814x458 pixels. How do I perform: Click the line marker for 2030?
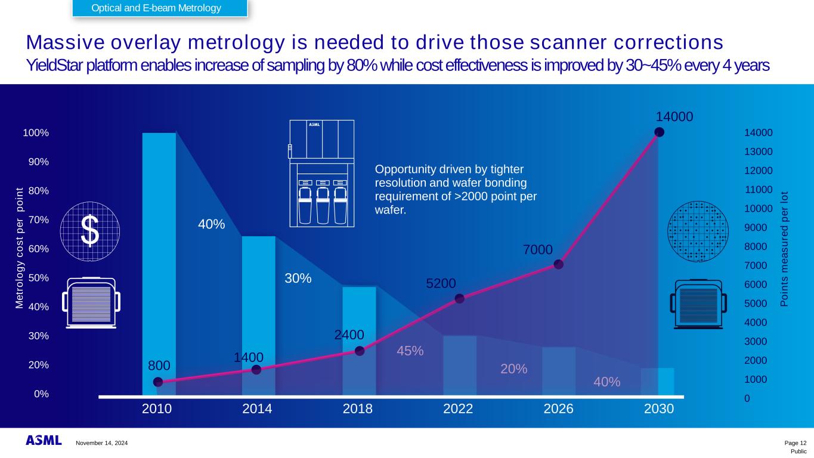(x=659, y=132)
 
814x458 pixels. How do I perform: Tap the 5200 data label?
(x=441, y=283)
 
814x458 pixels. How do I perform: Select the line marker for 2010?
(x=158, y=382)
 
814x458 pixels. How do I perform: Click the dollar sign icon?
(x=89, y=231)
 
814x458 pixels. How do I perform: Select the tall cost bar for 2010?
(x=159, y=262)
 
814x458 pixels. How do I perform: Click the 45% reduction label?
(x=410, y=351)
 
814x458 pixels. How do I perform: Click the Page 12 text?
(x=795, y=443)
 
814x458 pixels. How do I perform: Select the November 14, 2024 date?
(x=101, y=443)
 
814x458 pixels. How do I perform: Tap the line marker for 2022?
(x=459, y=299)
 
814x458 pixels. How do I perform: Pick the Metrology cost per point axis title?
(x=19, y=248)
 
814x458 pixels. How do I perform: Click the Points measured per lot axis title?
(x=785, y=249)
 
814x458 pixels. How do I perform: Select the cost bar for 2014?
(x=258, y=315)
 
